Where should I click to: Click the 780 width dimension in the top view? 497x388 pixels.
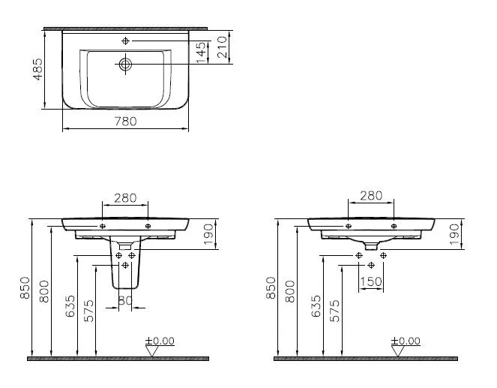[125, 121]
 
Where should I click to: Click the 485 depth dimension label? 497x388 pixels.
[38, 69]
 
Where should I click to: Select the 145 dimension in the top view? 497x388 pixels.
[201, 53]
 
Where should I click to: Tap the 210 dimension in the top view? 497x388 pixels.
[222, 47]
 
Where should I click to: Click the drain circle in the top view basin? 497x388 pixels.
[125, 65]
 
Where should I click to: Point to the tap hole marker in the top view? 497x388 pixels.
[125, 41]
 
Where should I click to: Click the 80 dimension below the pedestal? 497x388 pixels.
[125, 299]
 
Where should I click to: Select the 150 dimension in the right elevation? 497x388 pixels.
[371, 281]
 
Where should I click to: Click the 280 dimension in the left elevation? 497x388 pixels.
[125, 198]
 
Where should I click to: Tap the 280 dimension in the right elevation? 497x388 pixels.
[371, 196]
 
